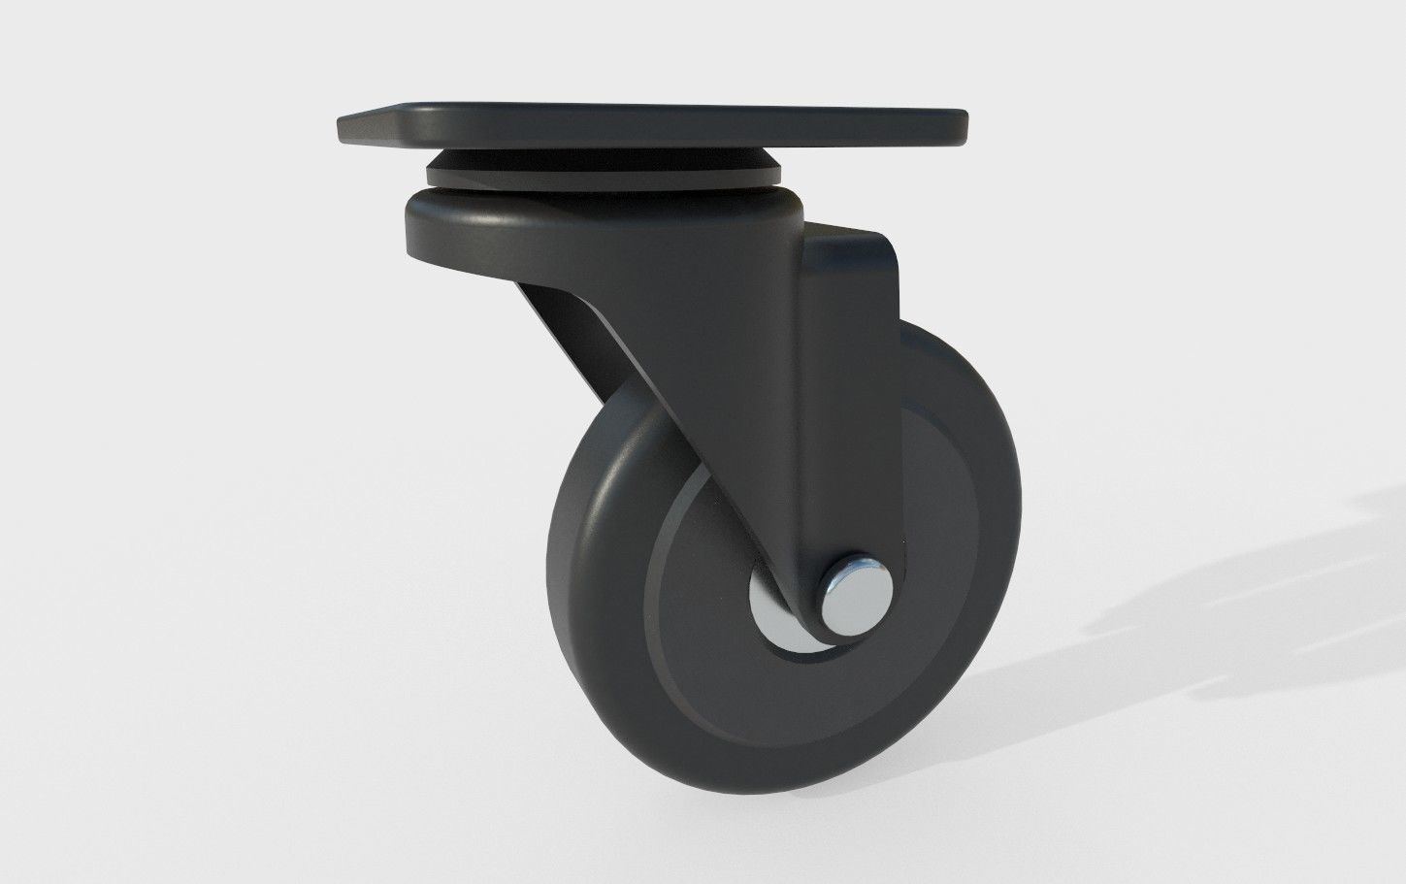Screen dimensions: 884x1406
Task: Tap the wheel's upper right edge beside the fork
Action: [x=956, y=388]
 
